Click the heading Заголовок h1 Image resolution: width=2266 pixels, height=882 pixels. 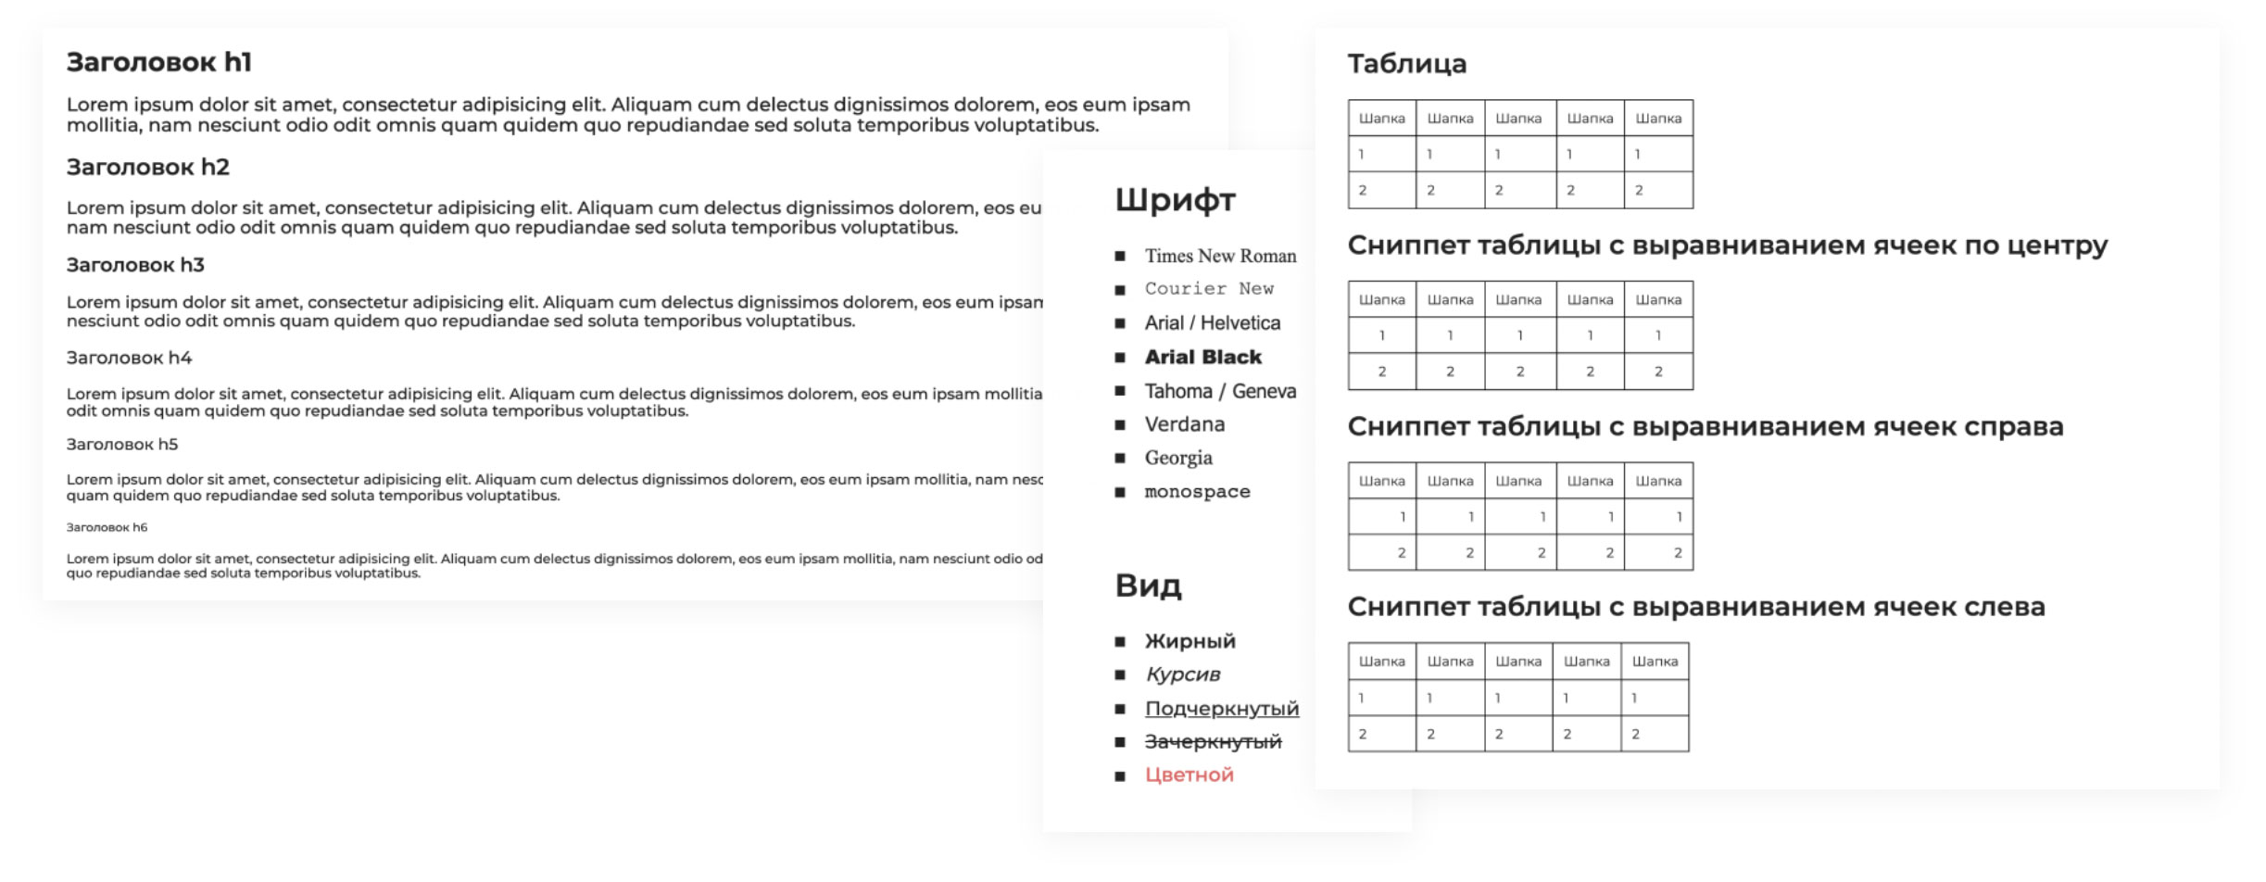coord(158,62)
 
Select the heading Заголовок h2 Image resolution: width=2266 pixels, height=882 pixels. coord(147,167)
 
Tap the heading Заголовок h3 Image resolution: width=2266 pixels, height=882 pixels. coord(135,265)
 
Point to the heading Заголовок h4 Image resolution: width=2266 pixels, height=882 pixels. coord(129,358)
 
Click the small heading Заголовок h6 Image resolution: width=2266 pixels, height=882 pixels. coord(107,527)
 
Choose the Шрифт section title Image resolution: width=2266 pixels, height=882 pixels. coord(1175,199)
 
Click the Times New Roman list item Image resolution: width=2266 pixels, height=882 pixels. coord(1220,256)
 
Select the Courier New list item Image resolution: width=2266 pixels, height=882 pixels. coord(1209,289)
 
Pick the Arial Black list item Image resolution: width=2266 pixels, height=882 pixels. coord(1202,357)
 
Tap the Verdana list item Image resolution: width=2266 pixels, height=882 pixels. coord(1184,424)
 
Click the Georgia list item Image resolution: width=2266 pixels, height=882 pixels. coord(1177,458)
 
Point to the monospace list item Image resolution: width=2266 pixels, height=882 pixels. coord(1197,492)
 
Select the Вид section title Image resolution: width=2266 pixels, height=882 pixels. coord(1148,586)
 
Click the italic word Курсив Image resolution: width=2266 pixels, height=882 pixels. coord(1182,674)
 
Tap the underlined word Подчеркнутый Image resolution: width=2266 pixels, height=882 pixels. coord(1221,709)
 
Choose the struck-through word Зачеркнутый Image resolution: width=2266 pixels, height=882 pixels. coord(1213,741)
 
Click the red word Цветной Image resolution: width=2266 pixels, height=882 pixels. coord(1189,775)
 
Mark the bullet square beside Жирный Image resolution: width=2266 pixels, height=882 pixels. coord(1120,641)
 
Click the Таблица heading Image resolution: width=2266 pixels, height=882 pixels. coord(1406,64)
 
